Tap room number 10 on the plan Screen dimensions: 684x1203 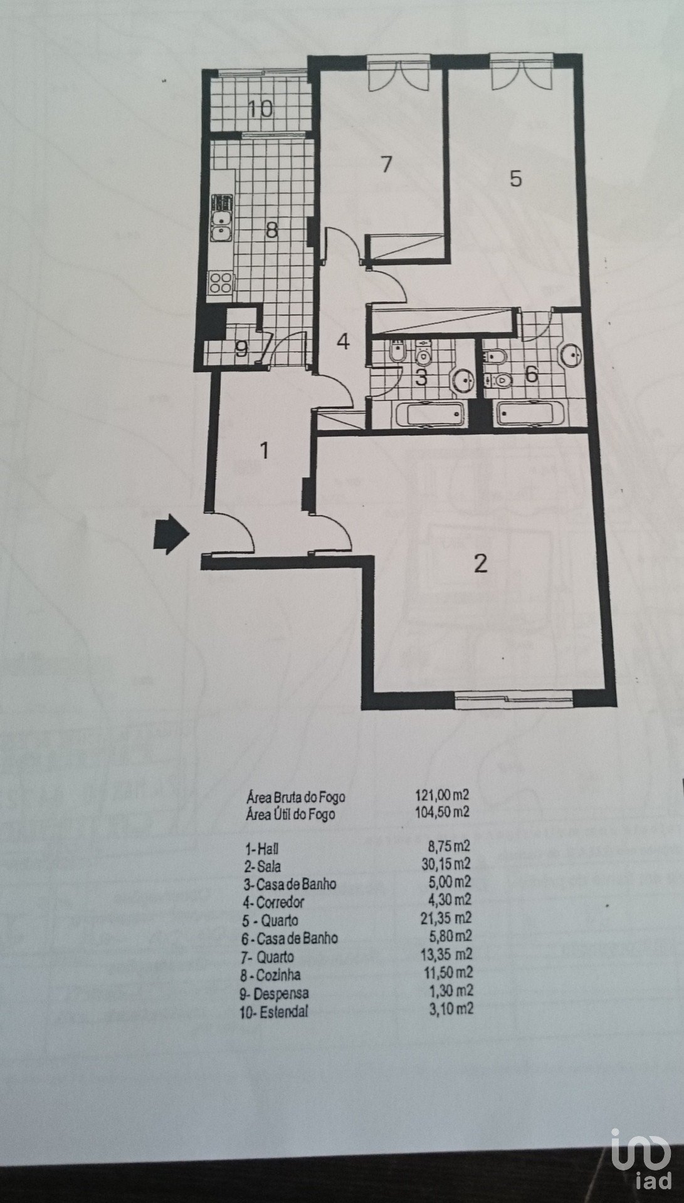(260, 110)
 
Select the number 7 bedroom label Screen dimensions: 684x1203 (386, 165)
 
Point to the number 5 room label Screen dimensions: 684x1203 (515, 179)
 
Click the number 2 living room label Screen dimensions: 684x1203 (480, 564)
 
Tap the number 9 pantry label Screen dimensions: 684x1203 (241, 348)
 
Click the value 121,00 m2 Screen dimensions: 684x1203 (442, 796)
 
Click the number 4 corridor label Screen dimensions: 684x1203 (342, 342)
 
